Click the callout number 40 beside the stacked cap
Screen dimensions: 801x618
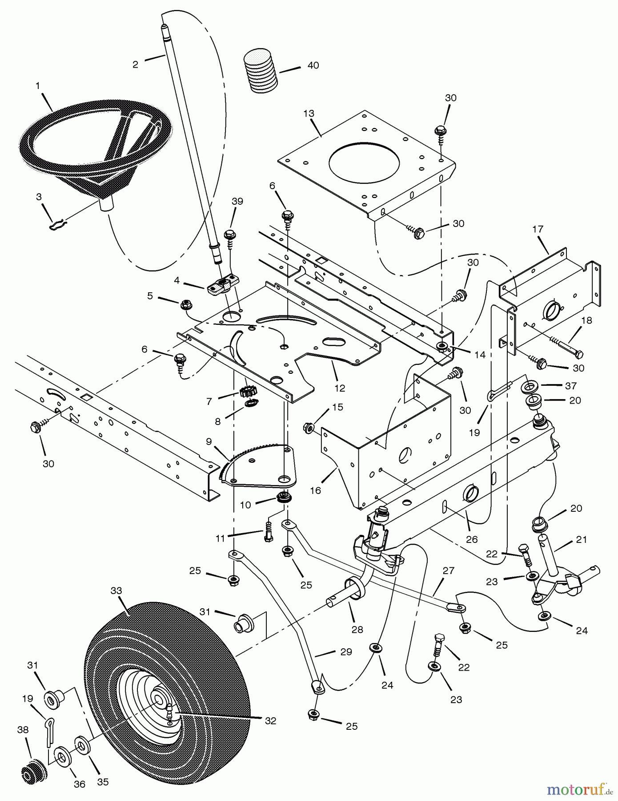[313, 65]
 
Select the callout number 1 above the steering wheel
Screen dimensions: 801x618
[38, 85]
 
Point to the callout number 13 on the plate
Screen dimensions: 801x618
[309, 113]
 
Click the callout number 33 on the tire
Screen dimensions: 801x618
[116, 591]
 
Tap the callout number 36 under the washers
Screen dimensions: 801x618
[79, 784]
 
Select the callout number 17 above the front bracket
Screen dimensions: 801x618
[538, 229]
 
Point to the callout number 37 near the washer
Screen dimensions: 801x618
[571, 385]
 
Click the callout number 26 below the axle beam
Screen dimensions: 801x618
[472, 539]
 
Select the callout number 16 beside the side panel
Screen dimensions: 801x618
[315, 491]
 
